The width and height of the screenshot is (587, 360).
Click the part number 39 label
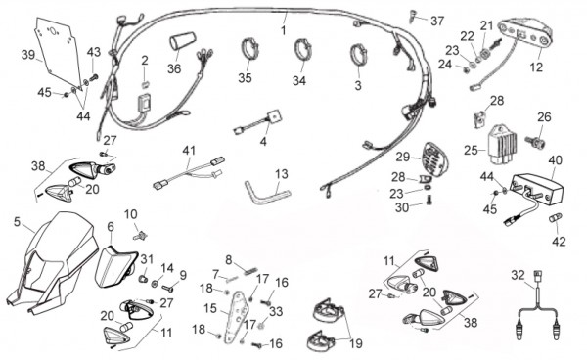(28, 55)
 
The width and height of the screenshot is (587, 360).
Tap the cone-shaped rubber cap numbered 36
(183, 41)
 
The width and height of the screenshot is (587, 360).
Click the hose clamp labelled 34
(302, 48)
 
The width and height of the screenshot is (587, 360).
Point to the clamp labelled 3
(358, 55)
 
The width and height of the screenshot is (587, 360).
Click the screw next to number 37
(412, 16)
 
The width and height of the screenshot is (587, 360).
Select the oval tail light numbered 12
(524, 34)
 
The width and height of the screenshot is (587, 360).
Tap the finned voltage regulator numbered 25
(502, 144)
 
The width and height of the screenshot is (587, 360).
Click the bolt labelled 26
(535, 142)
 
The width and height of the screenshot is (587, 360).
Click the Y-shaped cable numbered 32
(538, 307)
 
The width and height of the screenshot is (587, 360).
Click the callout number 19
(356, 343)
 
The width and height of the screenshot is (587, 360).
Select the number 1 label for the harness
(284, 30)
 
